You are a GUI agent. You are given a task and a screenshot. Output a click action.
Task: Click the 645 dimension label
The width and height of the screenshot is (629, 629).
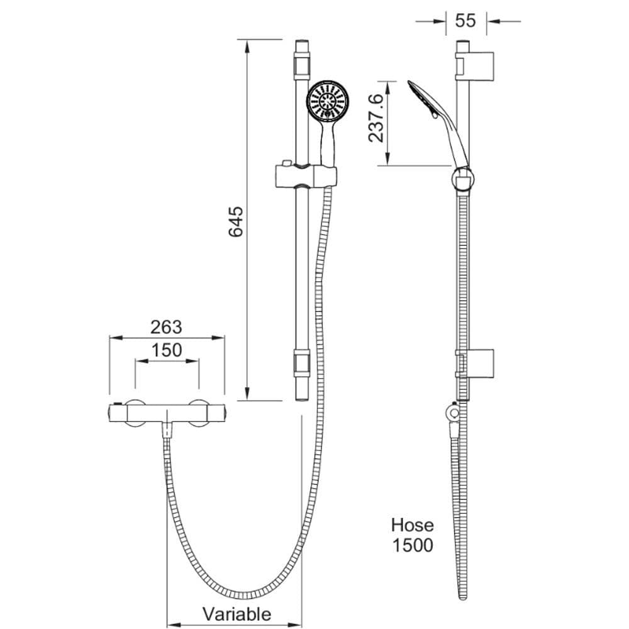[236, 221]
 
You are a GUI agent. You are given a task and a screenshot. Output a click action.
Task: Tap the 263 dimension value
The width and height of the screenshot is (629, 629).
[166, 327]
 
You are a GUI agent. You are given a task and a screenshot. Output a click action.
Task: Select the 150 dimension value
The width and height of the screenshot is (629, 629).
[167, 350]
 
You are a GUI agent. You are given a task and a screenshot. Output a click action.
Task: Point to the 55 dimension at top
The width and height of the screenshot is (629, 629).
[465, 21]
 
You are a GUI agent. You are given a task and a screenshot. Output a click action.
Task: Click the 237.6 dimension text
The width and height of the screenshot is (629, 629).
[376, 118]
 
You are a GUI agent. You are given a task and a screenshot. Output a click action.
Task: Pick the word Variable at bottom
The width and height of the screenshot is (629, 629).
[237, 614]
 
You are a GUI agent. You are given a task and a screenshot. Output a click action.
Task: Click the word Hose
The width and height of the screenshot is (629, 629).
[413, 525]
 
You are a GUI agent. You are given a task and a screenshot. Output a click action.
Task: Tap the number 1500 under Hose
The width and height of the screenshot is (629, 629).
[413, 545]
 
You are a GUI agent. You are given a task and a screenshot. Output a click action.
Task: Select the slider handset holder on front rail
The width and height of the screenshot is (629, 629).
[306, 175]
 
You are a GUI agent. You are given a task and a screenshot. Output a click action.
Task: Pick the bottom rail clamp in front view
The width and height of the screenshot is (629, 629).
[302, 362]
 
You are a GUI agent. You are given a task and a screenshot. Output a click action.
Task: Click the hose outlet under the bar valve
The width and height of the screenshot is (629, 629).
[167, 430]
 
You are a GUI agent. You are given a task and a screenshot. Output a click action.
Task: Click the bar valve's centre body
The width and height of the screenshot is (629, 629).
[167, 413]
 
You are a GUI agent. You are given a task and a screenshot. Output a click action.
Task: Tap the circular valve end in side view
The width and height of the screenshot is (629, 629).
[454, 413]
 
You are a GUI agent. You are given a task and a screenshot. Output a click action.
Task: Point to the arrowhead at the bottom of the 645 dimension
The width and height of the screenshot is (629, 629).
[247, 394]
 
